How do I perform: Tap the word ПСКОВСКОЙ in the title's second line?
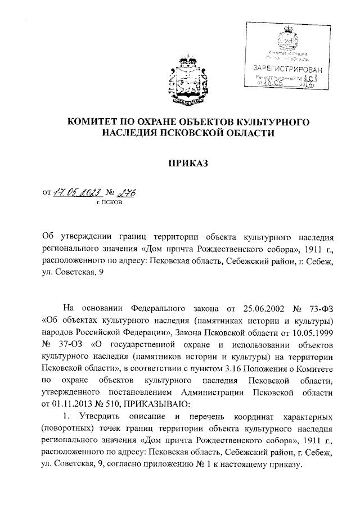(201, 133)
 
